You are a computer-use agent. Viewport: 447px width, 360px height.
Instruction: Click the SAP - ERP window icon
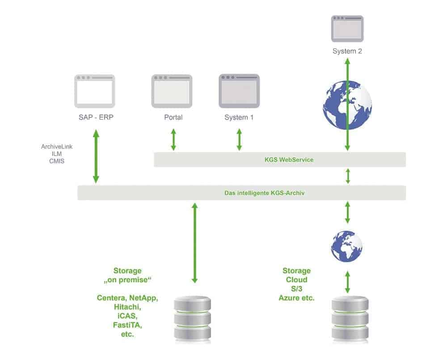(94, 91)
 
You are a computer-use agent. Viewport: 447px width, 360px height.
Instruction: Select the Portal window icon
(172, 91)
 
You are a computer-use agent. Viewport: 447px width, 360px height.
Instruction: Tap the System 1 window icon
(239, 91)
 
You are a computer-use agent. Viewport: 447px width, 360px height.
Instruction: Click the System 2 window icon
(347, 29)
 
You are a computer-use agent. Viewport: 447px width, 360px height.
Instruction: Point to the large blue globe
(347, 105)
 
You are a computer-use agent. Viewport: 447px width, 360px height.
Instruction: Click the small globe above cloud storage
(347, 246)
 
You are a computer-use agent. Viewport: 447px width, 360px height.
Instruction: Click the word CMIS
(57, 161)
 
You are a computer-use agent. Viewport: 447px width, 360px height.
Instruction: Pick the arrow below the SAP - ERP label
(96, 156)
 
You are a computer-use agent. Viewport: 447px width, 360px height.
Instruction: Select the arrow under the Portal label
(173, 140)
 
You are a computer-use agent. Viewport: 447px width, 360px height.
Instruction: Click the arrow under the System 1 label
(239, 140)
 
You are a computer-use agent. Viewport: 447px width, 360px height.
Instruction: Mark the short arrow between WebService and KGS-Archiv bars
(348, 176)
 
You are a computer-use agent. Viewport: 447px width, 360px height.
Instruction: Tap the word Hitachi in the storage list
(127, 306)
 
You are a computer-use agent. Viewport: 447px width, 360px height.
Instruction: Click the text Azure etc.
(296, 297)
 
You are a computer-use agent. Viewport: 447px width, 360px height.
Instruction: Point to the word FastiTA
(127, 325)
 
